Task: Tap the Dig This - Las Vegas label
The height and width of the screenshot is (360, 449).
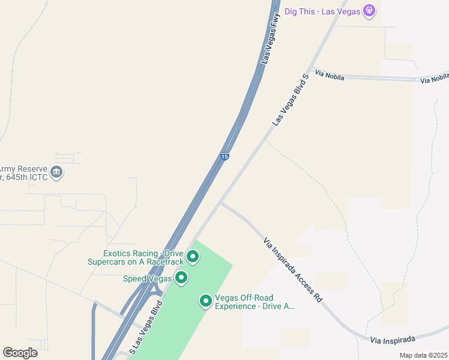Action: (322, 11)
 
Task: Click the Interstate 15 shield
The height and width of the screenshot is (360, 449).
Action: (224, 157)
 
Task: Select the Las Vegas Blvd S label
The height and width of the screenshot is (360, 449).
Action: (290, 100)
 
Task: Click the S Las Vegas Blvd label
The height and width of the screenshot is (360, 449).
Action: (146, 330)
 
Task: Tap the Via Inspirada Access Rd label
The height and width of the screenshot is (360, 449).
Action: (293, 269)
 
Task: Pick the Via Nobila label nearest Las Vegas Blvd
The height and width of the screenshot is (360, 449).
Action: (330, 75)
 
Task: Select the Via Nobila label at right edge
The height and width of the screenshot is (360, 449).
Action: (434, 79)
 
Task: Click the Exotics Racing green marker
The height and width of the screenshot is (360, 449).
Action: (193, 257)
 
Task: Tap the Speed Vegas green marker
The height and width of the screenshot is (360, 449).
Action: (181, 278)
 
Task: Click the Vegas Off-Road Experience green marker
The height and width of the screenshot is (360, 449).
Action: (206, 301)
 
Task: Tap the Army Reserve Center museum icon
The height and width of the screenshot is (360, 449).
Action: (56, 173)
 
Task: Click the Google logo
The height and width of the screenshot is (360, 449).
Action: (20, 353)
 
